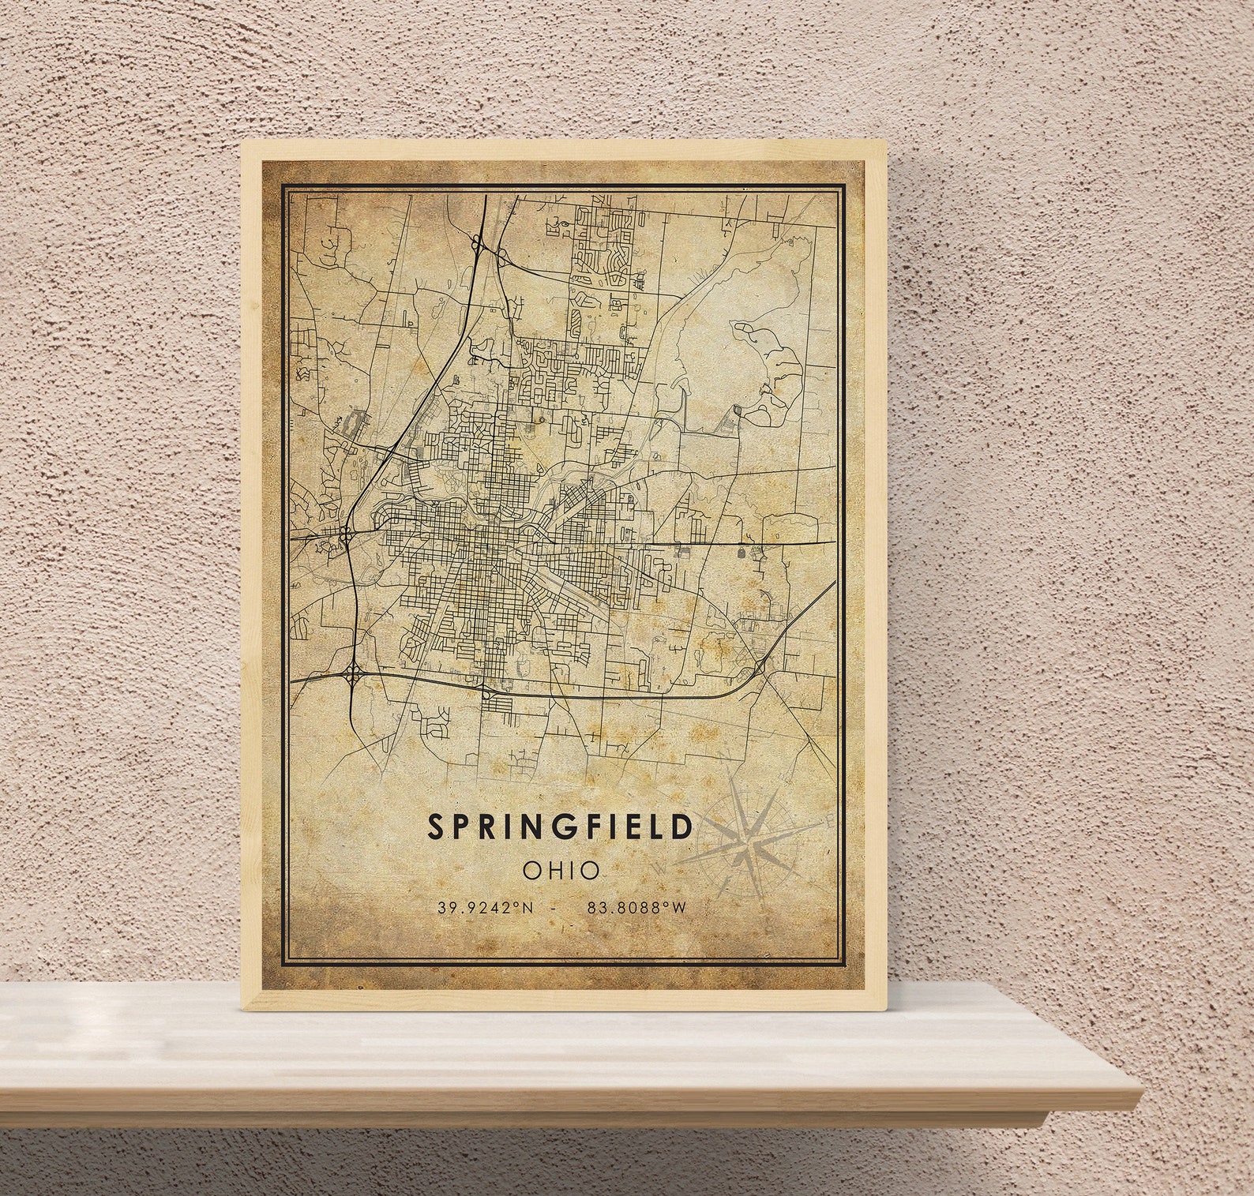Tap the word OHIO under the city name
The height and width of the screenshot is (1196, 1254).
click(x=561, y=871)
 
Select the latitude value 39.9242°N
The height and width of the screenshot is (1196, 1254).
click(x=486, y=908)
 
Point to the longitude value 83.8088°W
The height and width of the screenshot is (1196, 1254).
click(x=636, y=908)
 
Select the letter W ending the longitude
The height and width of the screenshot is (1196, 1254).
click(x=680, y=908)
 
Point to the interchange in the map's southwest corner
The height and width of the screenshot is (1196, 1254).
click(x=352, y=674)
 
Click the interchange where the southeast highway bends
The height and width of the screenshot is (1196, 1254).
click(x=760, y=668)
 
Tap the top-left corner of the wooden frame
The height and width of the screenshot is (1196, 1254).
click(x=243, y=143)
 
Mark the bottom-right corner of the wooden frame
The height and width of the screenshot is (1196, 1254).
click(x=888, y=1010)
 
